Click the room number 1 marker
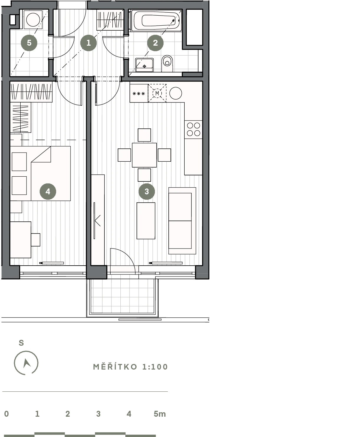pos(88,43)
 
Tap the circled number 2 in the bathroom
pos(155,43)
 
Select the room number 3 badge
pos(147,191)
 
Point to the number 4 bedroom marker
pos(48,191)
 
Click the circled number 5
pos(29,43)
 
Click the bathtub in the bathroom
pos(156,21)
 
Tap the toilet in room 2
pos(167,63)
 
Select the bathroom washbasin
pos(145,65)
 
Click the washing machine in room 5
pos(33,19)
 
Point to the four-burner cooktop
pos(193,129)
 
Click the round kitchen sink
pos(176,93)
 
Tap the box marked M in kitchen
pos(157,93)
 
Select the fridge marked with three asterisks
pos(139,93)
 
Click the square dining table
pos(144,155)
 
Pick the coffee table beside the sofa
pos(146,221)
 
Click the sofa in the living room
pos(182,221)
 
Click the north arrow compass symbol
pos(26,363)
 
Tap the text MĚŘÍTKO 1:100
pos(130,367)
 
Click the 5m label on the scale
pos(160,414)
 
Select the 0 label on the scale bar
pos(6,414)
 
